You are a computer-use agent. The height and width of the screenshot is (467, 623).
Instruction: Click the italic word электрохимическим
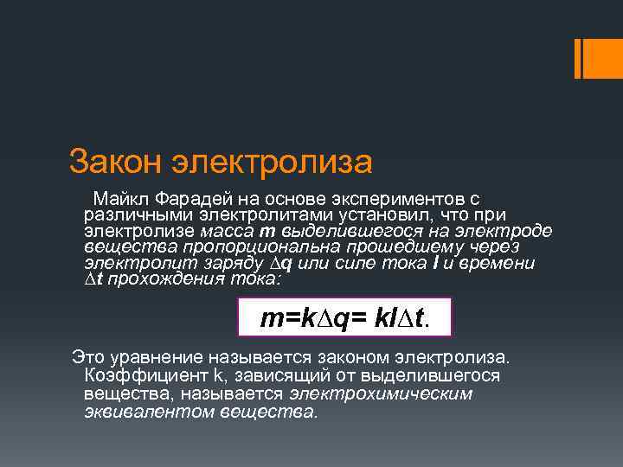[x=381, y=393]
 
